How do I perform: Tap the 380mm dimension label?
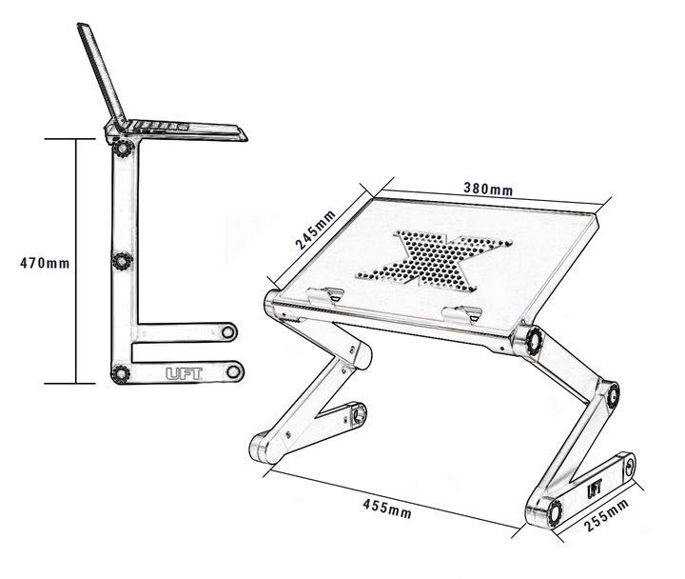tap(487, 189)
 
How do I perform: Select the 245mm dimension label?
tap(315, 229)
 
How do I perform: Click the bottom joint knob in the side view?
tap(121, 373)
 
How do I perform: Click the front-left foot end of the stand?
tap(262, 448)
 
